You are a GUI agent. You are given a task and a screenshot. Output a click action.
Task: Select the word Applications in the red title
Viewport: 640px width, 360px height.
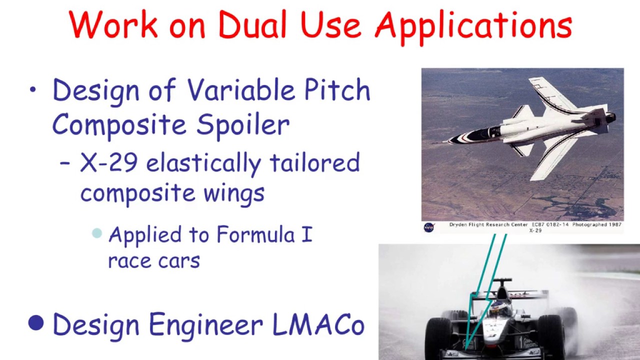473,26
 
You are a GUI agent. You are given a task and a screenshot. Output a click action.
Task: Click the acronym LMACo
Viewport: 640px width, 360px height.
318,324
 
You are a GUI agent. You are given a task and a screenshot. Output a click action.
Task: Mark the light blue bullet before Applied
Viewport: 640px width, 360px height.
97,233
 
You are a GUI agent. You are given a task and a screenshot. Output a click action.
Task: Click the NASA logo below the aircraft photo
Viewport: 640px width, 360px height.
429,227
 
